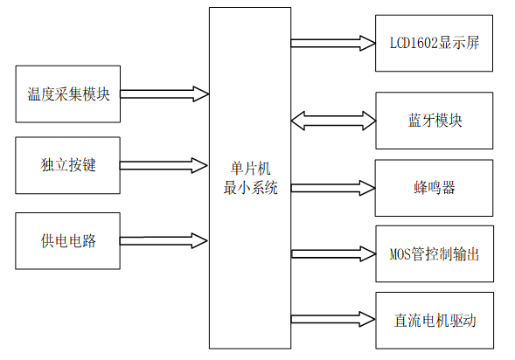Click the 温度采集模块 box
pyautogui.click(x=68, y=93)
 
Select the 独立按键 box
pyautogui.click(x=68, y=164)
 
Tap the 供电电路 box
pyautogui.click(x=68, y=240)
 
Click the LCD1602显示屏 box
pyautogui.click(x=435, y=42)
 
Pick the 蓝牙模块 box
pyautogui.click(x=435, y=120)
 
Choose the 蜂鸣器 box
pyautogui.click(x=435, y=188)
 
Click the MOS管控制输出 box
pyautogui.click(x=435, y=254)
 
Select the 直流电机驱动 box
pyautogui.click(x=435, y=319)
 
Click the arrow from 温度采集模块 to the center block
pyautogui.click(x=164, y=93)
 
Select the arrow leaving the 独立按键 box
pyautogui.click(x=164, y=164)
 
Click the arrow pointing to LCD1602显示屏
pyautogui.click(x=332, y=41)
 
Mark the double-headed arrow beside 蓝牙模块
pyautogui.click(x=332, y=120)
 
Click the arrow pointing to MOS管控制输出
pyautogui.click(x=332, y=254)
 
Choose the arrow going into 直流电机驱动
pyautogui.click(x=332, y=318)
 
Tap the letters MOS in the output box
pyautogui.click(x=399, y=254)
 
